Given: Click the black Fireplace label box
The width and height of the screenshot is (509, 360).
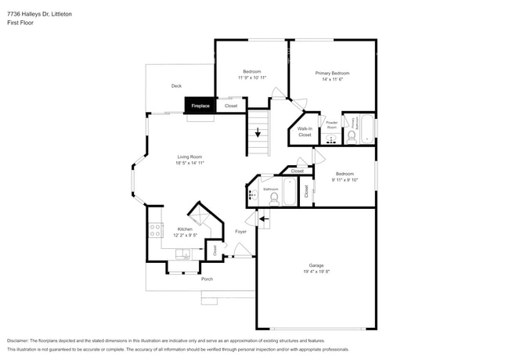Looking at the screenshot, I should tap(200, 105).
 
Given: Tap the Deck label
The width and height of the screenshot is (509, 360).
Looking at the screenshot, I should tap(176, 86).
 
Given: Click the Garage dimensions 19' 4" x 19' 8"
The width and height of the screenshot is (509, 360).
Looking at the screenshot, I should tap(316, 272).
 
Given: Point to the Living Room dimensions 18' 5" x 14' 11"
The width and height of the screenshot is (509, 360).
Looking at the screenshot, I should tap(190, 163).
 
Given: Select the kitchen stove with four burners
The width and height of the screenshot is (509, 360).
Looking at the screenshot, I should tap(154, 231).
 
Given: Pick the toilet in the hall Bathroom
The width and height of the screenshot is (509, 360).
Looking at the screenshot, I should tap(273, 199).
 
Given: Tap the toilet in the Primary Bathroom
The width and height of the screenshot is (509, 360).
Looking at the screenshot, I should tap(351, 137).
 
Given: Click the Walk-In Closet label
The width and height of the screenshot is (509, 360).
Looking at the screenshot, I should tap(305, 131).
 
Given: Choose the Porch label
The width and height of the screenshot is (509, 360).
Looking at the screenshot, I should tap(207, 279).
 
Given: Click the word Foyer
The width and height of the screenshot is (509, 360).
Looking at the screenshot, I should tap(240, 232).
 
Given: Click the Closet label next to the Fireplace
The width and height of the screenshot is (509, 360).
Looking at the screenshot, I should tap(231, 106).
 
